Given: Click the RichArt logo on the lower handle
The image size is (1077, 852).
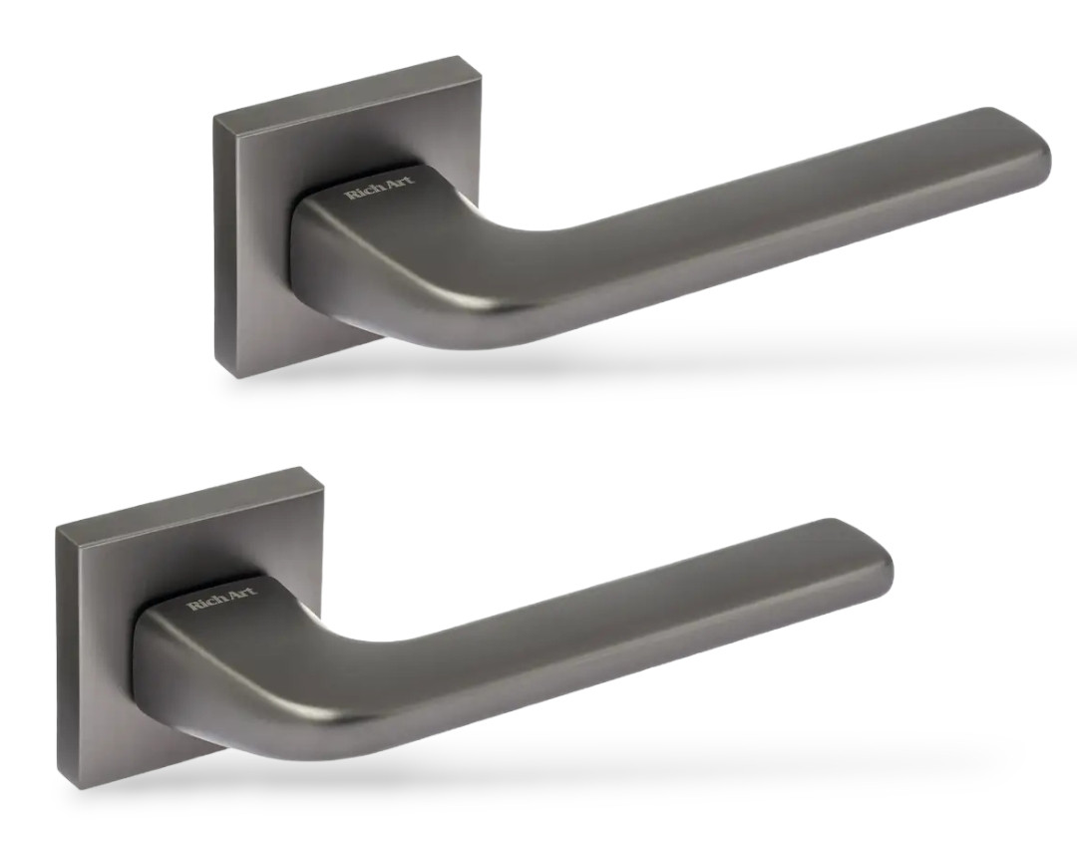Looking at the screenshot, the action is (222, 599).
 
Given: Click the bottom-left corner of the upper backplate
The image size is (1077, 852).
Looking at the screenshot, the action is (237, 378).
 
